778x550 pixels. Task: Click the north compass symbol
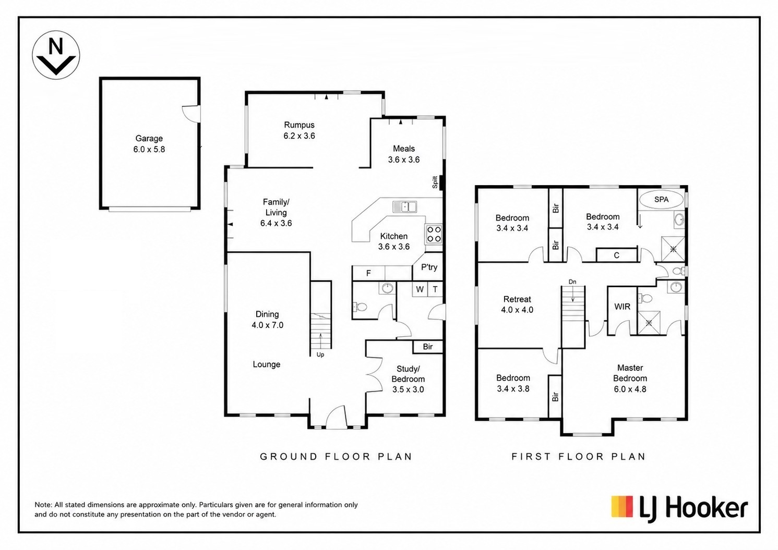(56, 55)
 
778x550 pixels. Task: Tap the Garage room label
(149, 139)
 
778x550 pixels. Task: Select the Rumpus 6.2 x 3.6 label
(299, 130)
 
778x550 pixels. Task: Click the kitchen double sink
(404, 207)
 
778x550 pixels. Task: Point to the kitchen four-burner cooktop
(434, 234)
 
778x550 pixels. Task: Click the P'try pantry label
(429, 267)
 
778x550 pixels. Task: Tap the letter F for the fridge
(368, 274)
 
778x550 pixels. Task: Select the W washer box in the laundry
(420, 289)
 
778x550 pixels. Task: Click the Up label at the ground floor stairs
(320, 355)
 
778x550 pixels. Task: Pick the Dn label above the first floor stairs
(572, 282)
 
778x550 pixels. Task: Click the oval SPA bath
(661, 200)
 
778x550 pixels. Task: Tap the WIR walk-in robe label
(622, 307)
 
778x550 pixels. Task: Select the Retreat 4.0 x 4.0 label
(517, 304)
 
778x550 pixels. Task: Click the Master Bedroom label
(630, 373)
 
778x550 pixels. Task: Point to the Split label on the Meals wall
(435, 182)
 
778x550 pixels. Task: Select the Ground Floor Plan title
(336, 456)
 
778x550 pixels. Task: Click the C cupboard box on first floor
(617, 255)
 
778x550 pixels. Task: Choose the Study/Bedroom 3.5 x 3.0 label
(408, 379)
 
